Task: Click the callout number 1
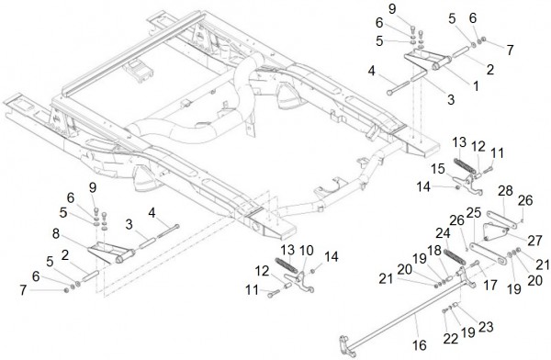[x=476, y=85]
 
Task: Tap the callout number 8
[x=56, y=234]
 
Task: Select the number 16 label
[x=420, y=345]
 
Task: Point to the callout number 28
[x=505, y=191]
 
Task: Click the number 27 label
[x=534, y=242]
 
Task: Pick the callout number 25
[x=474, y=213]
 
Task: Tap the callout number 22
[x=450, y=339]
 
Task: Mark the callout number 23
[x=486, y=327]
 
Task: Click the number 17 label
[x=489, y=285]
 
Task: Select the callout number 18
[x=434, y=251]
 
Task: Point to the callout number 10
[x=306, y=251]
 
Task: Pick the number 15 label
[x=438, y=169]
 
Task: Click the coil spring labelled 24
[x=455, y=257]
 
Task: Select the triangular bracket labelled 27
[x=496, y=232]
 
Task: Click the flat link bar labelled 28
[x=501, y=220]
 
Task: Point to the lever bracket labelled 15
[x=468, y=185]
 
